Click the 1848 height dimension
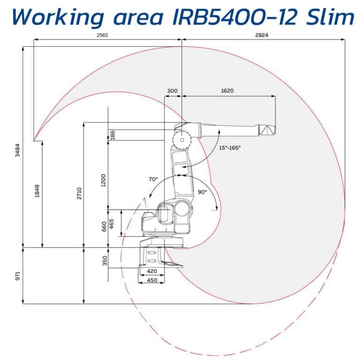(37, 193)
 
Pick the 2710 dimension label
(79, 193)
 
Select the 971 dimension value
(17, 276)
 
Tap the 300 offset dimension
(172, 90)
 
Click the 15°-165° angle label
(230, 148)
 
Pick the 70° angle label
(153, 180)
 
